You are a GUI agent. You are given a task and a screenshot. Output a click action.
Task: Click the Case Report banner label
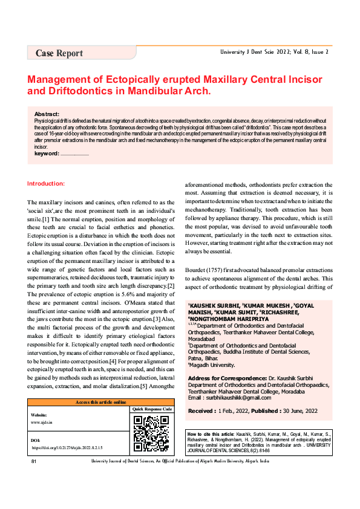(x=59, y=53)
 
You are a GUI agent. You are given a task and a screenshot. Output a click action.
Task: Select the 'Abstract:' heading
(x=47, y=114)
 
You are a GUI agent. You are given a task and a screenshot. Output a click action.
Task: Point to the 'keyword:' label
(x=47, y=154)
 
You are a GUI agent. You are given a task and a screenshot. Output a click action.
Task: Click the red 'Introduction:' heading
(x=46, y=183)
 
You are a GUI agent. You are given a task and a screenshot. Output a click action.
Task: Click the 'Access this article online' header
(x=100, y=402)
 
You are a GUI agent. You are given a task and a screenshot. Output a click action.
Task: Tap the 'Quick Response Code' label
(x=151, y=409)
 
